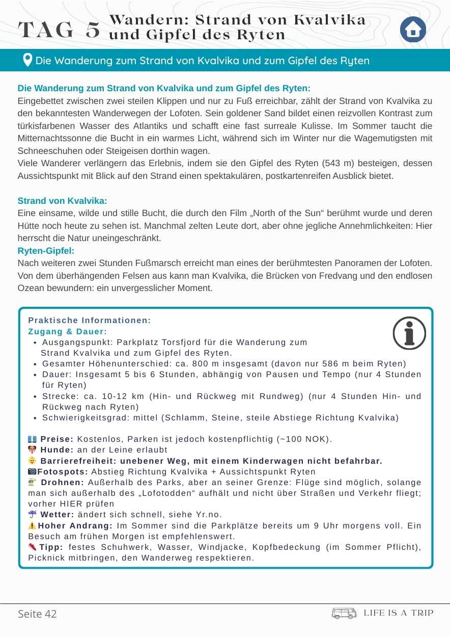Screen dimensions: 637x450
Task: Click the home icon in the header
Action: tap(413, 30)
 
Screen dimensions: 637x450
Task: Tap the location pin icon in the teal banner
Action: tap(27, 60)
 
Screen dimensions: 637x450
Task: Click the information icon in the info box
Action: tap(409, 333)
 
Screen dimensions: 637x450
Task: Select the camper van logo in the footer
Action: tap(344, 613)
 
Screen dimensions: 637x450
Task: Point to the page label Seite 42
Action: tap(37, 614)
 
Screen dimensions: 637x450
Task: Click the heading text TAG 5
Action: tap(59, 30)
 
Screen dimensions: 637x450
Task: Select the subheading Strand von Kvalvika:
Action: tap(62, 201)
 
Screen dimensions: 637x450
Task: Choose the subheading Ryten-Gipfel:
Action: tap(46, 251)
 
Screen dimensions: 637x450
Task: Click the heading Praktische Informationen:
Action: tap(90, 321)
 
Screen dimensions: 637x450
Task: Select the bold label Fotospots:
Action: tap(63, 471)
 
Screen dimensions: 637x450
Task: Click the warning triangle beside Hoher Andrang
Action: tap(32, 525)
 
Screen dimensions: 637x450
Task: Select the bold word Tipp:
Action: tap(50, 547)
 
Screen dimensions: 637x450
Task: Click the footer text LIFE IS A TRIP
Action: tap(399, 613)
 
